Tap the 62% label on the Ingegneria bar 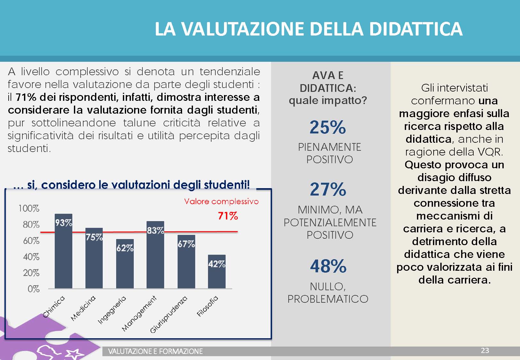[125, 248]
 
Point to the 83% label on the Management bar [155, 230]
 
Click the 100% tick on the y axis [29, 208]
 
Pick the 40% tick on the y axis [31, 257]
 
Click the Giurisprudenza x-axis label [169, 315]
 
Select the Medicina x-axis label [83, 308]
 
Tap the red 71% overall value [228, 216]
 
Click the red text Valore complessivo [221, 201]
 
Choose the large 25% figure [328, 127]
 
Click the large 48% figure [328, 266]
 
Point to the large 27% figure [328, 189]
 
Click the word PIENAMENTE [329, 147]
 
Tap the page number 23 [485, 350]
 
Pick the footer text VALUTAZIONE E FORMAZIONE [155, 351]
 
